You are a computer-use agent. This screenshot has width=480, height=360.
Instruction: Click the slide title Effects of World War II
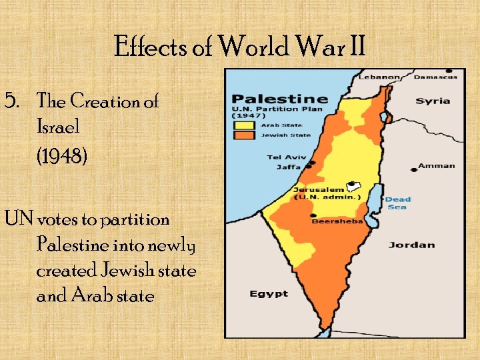[x=240, y=47]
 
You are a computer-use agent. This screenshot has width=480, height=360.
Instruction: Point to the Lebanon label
[x=380, y=77]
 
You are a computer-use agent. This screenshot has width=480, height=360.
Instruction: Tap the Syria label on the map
[x=433, y=101]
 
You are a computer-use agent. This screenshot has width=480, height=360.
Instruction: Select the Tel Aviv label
[x=284, y=157]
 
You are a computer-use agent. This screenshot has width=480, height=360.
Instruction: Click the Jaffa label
[x=289, y=167]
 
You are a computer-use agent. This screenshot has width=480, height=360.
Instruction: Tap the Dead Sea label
[x=398, y=203]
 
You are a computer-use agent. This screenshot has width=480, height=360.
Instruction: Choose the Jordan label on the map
[x=411, y=245]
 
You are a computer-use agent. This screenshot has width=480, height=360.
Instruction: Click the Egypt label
[x=269, y=293]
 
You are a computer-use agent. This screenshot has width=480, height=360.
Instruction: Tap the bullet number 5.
[x=11, y=101]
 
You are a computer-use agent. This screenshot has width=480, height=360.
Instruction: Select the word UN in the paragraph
[x=19, y=219]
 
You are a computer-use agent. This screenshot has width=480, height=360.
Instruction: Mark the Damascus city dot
[x=448, y=71]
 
